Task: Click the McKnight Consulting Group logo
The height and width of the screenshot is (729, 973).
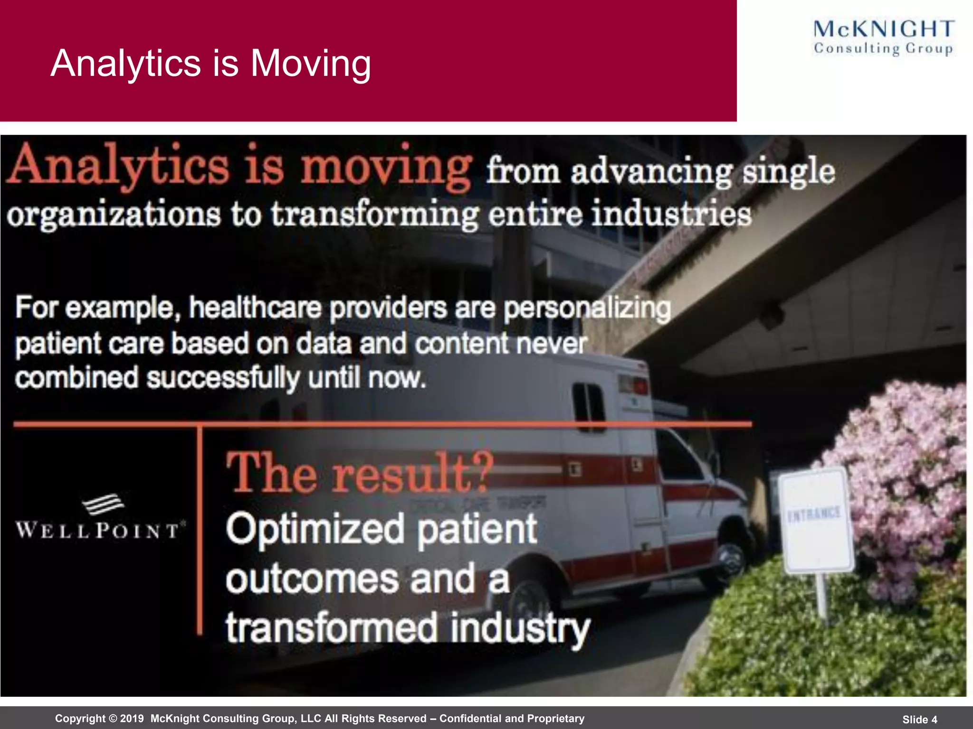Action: [883, 37]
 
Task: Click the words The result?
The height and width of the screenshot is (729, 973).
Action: [360, 473]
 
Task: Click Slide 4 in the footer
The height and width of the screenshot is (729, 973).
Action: [920, 720]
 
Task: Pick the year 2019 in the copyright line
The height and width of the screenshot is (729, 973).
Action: [132, 719]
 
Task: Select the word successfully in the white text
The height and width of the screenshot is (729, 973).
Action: [223, 379]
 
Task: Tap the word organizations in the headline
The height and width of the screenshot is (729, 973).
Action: [114, 215]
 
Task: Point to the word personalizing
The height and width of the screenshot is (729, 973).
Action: [587, 309]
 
